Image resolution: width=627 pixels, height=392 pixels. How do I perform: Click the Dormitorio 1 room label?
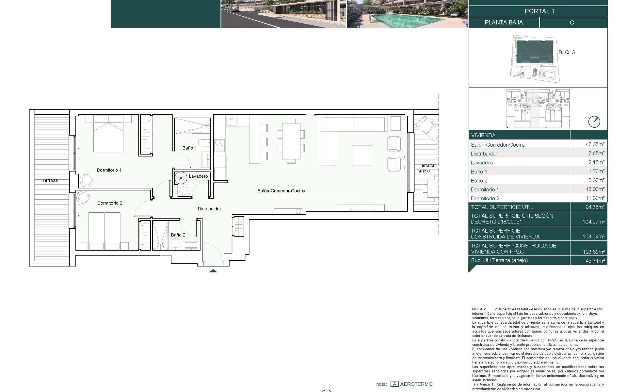109,170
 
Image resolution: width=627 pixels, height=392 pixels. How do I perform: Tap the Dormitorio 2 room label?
110,203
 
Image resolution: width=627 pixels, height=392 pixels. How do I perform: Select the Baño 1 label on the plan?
189,148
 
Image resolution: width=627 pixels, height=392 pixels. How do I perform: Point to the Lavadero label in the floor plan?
198,176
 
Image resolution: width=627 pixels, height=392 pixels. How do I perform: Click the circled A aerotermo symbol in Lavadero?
181,178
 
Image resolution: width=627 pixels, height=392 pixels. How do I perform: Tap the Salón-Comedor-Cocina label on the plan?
281,191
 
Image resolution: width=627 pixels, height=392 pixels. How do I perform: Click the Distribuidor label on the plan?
209,209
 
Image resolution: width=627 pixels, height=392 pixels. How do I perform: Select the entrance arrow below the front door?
213,270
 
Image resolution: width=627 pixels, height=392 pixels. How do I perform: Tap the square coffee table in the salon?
362,155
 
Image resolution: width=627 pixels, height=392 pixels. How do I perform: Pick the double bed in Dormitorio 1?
109,134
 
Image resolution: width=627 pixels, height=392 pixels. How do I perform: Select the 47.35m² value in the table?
595,144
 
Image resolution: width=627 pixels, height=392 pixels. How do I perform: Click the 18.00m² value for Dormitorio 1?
595,189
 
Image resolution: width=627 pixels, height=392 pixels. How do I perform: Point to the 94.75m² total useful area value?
595,207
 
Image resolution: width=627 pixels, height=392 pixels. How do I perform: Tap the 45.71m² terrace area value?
595,261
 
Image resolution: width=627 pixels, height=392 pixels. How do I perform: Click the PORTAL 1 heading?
539,11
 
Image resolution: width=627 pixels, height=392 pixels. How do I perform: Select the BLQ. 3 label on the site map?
567,52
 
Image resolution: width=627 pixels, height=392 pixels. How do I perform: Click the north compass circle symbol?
594,122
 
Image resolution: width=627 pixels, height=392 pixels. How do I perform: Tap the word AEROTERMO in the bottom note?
416,384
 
